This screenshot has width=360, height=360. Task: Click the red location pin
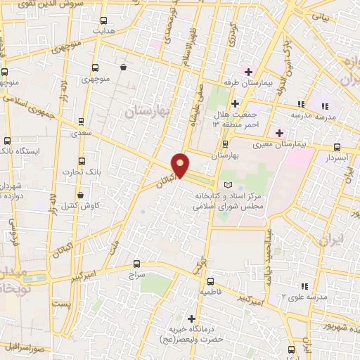[181, 165]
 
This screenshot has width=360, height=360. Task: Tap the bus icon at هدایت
[104, 21]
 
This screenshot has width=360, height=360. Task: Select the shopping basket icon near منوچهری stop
[124, 67]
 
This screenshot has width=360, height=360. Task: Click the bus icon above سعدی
[82, 122]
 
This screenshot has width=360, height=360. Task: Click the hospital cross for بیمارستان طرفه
[248, 71]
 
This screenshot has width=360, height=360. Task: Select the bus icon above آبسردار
[337, 148]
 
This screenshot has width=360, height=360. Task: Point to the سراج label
[136, 276]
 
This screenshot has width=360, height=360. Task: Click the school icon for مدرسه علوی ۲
[304, 286]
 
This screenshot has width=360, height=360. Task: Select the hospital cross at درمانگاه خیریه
[191, 318]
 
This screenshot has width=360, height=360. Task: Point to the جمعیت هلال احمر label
[231, 118]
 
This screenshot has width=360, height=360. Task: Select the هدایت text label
[104, 32]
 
